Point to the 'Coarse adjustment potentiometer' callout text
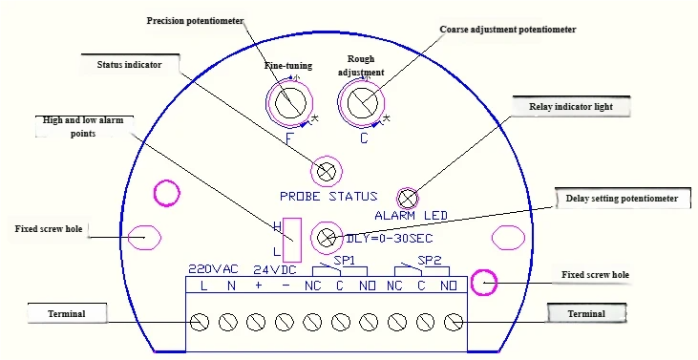[x=507, y=30]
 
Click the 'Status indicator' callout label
[x=130, y=64]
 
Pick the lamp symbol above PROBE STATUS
[x=327, y=171]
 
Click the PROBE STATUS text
[x=328, y=197]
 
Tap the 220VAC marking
[x=211, y=268]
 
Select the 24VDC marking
[x=276, y=268]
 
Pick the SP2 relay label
[x=429, y=260]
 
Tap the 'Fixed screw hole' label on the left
[x=53, y=229]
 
